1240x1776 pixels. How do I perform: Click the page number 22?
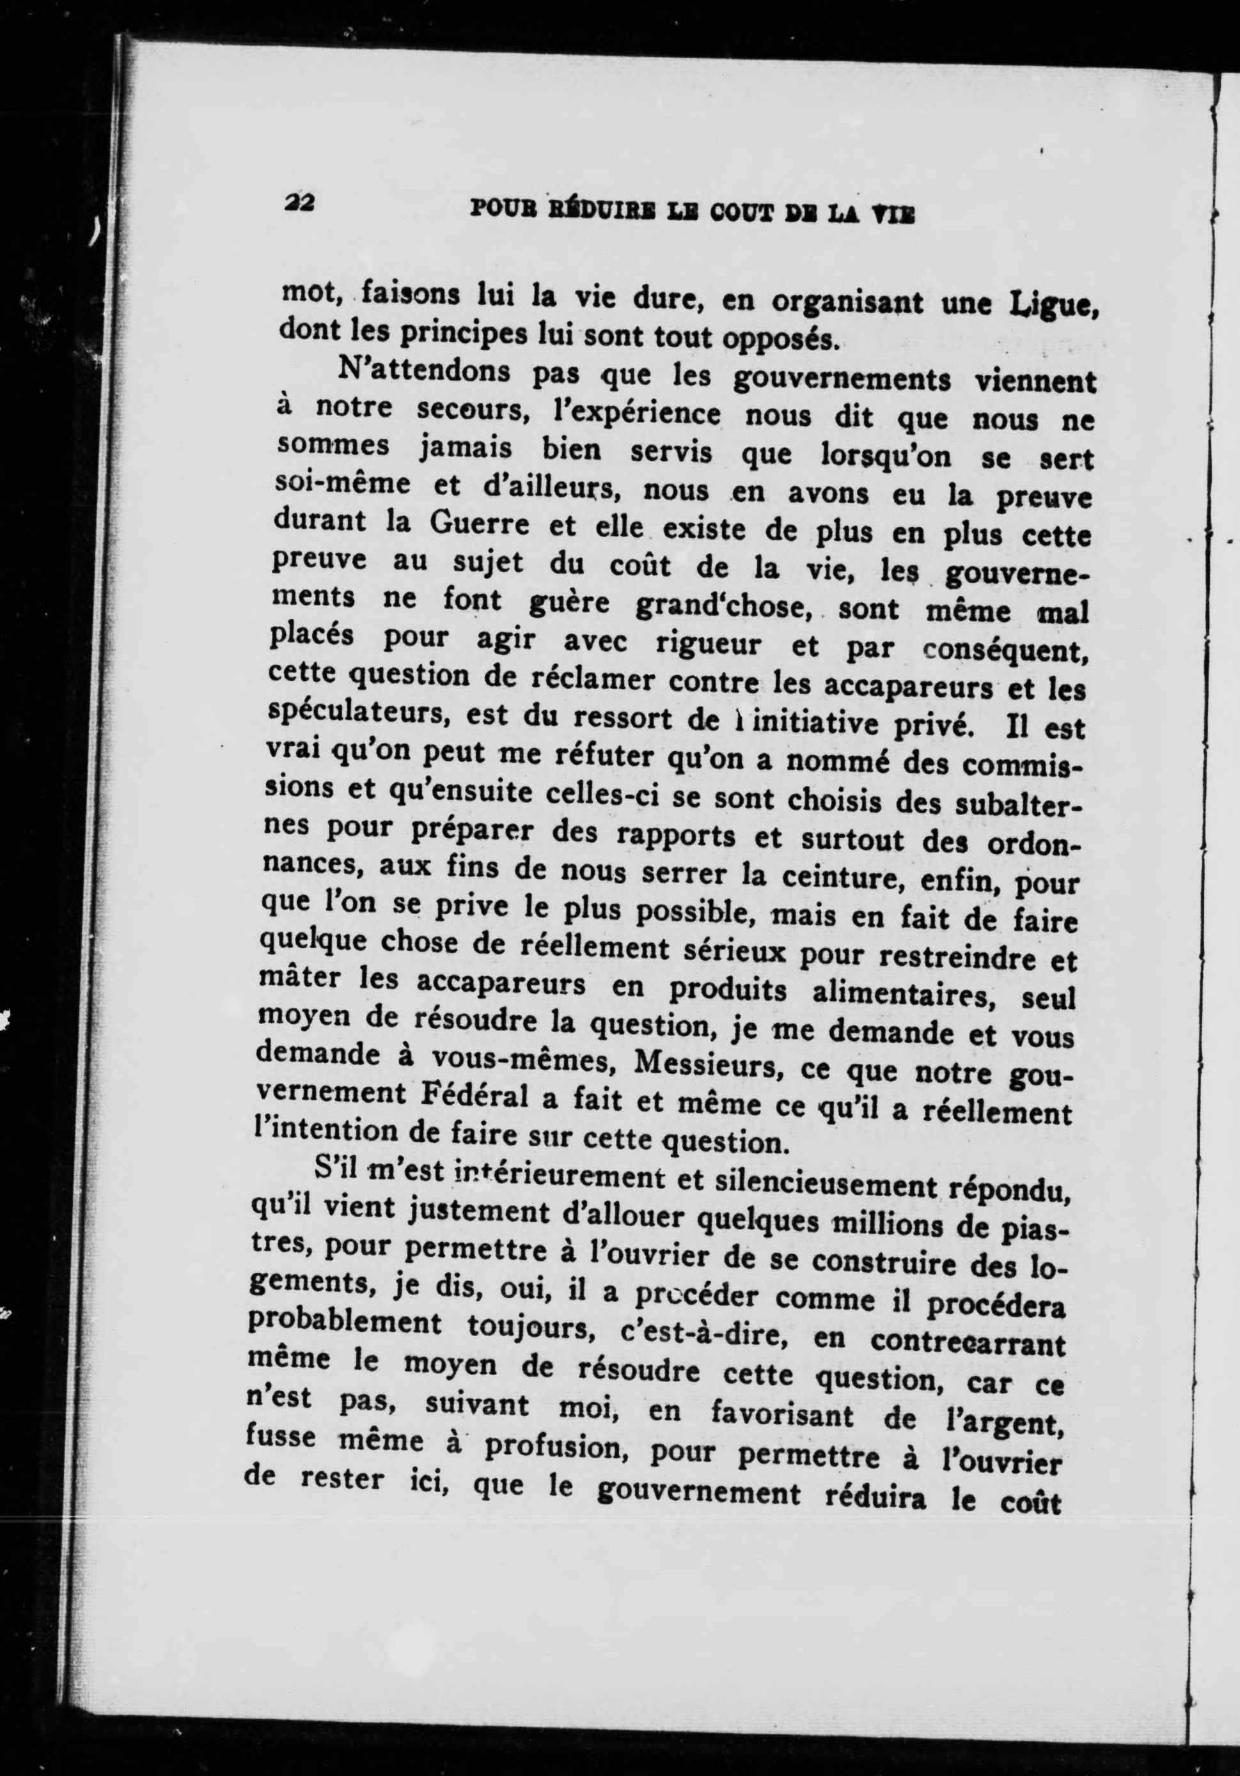[x=298, y=202]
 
